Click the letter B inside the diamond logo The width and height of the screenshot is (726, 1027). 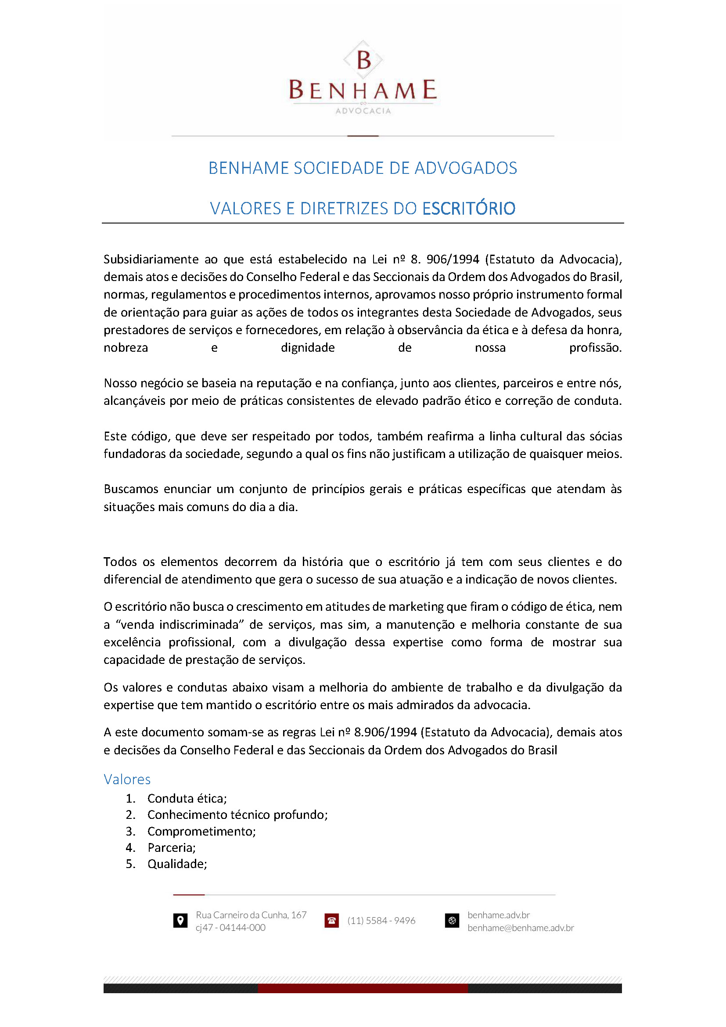click(364, 60)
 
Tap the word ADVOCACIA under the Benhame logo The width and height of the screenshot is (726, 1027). click(363, 111)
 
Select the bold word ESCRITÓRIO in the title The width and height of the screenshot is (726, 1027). click(468, 209)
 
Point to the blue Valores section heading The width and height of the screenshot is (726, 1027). click(127, 779)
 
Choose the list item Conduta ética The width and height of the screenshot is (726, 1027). click(187, 798)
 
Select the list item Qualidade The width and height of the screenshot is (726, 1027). click(177, 864)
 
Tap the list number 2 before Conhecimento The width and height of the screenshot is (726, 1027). click(130, 815)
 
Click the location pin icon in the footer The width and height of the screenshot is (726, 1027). click(180, 921)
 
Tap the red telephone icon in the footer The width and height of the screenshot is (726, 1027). click(332, 921)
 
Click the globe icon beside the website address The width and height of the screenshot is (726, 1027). click(452, 921)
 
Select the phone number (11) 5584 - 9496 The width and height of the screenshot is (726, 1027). click(381, 921)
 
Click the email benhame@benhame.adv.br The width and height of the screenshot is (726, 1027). click(521, 928)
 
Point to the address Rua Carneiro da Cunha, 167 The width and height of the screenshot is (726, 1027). click(251, 915)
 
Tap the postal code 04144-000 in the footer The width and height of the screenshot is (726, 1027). click(242, 928)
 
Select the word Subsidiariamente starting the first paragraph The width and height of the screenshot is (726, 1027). click(151, 259)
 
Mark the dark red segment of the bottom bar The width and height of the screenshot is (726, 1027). click(363, 988)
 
